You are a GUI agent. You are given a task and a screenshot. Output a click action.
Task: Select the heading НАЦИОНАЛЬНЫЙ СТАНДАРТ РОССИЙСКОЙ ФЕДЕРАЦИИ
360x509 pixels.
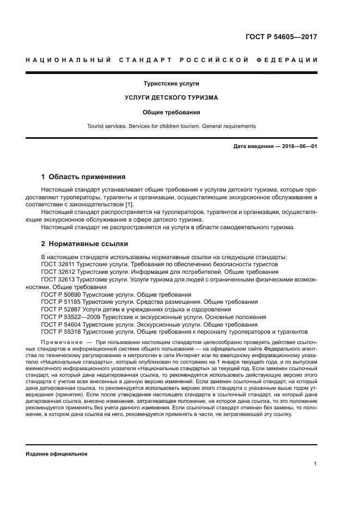tap(172, 59)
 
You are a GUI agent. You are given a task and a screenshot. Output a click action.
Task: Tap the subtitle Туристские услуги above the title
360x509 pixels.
tap(171, 84)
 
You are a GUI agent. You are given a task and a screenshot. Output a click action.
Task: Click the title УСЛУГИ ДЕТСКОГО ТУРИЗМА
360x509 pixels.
tap(171, 98)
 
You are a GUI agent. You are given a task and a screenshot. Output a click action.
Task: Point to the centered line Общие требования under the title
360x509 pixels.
tap(171, 112)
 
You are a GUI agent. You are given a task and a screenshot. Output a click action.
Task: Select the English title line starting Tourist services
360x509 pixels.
tap(171, 126)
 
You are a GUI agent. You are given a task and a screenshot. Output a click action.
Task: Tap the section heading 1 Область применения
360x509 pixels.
tap(83, 177)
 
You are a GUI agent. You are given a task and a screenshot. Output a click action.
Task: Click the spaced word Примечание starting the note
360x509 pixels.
tap(60, 342)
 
